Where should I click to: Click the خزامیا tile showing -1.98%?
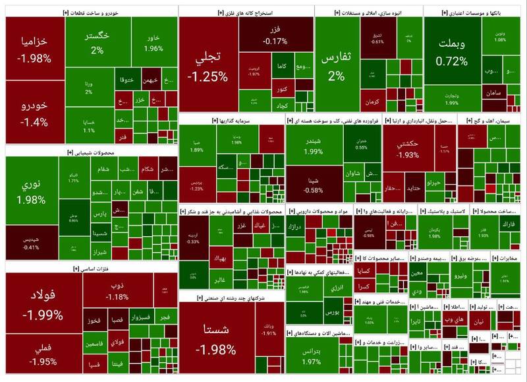[x=35, y=49]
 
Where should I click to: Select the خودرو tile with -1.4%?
[x=35, y=113]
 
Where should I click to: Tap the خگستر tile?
[x=97, y=42]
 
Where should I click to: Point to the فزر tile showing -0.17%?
[x=275, y=36]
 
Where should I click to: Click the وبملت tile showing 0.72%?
[x=453, y=53]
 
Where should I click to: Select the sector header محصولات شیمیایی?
[x=92, y=152]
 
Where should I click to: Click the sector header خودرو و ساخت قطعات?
[x=92, y=13]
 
